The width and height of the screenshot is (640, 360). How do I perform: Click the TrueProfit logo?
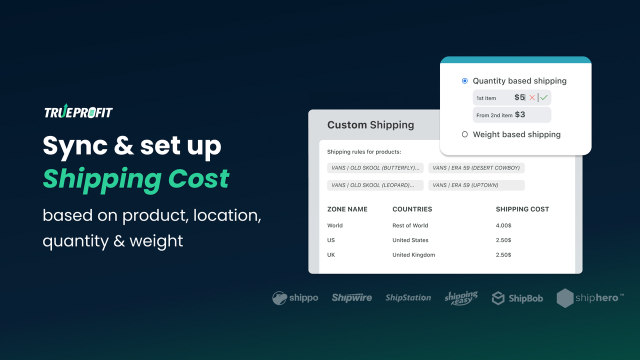pyautogui.click(x=78, y=112)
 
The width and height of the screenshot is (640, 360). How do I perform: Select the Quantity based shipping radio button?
pyautogui.click(x=465, y=81)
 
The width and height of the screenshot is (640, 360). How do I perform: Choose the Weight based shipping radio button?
pyautogui.click(x=465, y=134)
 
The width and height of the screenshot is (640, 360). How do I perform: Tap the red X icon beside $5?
pyautogui.click(x=532, y=97)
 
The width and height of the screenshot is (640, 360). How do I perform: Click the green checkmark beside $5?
pyautogui.click(x=544, y=97)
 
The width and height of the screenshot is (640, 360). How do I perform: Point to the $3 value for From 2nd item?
pyautogui.click(x=520, y=114)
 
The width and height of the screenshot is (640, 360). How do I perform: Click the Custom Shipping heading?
pyautogui.click(x=370, y=125)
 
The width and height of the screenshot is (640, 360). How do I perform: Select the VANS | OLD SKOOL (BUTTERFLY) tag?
pyautogui.click(x=375, y=168)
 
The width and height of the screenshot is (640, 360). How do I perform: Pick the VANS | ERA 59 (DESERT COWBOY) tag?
pyautogui.click(x=476, y=168)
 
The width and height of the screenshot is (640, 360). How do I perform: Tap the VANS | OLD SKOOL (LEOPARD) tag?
pyautogui.click(x=375, y=185)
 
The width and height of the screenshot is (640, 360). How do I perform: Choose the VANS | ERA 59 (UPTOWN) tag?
pyautogui.click(x=476, y=185)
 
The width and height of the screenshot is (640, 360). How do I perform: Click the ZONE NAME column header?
pyautogui.click(x=347, y=209)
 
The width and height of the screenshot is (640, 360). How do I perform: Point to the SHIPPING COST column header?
pyautogui.click(x=522, y=209)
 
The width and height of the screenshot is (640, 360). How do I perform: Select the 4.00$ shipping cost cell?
pyautogui.click(x=503, y=225)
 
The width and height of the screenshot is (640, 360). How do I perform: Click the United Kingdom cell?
pyautogui.click(x=413, y=255)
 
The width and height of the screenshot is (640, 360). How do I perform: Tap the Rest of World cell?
pyautogui.click(x=410, y=225)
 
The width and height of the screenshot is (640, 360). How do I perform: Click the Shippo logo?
pyautogui.click(x=295, y=298)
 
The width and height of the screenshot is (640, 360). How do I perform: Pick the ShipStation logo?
pyautogui.click(x=408, y=298)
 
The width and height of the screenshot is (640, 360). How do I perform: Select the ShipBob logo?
pyautogui.click(x=517, y=298)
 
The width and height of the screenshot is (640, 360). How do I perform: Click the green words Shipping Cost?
pyautogui.click(x=136, y=178)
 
